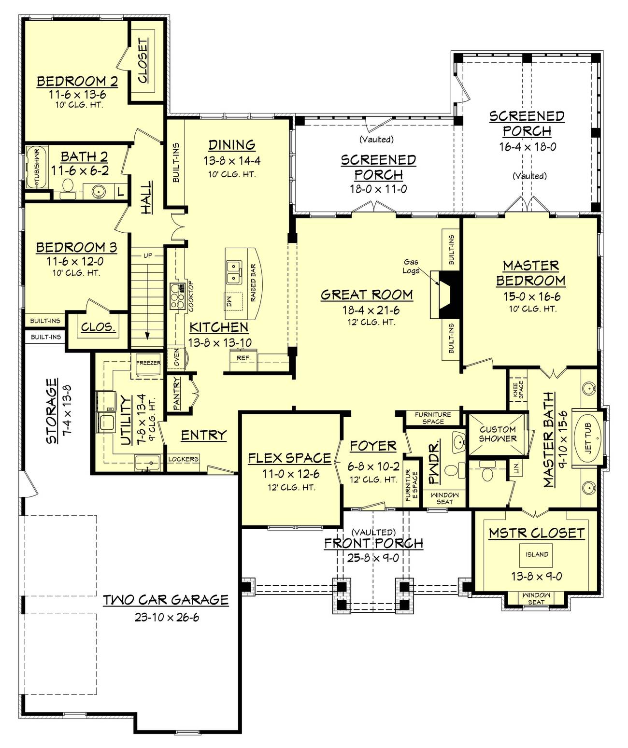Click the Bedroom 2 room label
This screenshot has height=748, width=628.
tap(77, 81)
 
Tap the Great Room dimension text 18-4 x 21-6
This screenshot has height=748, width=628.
tap(371, 310)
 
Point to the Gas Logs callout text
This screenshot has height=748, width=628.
tap(411, 266)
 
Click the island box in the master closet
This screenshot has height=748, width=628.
tap(537, 554)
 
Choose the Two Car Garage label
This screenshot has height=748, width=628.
tap(166, 600)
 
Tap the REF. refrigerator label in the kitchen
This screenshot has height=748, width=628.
tap(243, 358)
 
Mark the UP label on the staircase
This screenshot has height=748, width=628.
tap(148, 255)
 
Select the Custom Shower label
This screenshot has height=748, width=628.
tap(498, 434)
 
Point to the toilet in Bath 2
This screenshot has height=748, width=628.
tap(67, 188)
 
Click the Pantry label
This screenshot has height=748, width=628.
tap(177, 394)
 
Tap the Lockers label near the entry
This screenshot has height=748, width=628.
tap(183, 459)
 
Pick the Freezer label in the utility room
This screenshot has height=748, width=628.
tap(148, 363)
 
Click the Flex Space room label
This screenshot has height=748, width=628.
tap(290, 458)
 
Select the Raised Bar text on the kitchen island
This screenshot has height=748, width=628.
tap(254, 283)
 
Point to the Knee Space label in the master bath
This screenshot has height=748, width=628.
tap(518, 389)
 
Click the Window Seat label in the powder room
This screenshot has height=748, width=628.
tap(444, 498)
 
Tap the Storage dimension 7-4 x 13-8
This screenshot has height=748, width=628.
tap(68, 410)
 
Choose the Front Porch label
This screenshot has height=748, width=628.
tap(373, 543)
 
